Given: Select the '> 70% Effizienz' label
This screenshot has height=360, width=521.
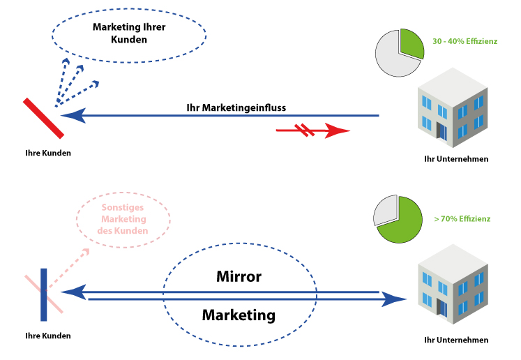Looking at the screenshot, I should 462,219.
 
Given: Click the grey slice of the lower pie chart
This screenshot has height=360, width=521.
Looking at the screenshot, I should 385,211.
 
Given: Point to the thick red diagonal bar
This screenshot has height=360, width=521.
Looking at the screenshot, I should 44,117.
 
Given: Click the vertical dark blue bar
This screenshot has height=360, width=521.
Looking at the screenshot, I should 43,294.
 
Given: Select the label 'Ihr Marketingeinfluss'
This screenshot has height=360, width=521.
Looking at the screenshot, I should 236,108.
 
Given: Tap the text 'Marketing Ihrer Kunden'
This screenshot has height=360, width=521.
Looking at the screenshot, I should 129,33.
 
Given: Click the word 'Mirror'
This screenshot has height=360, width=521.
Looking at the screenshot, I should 239,277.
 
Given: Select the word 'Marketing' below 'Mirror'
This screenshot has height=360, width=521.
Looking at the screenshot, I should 239,315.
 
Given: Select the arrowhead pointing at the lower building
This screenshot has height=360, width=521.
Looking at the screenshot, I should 395,299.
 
